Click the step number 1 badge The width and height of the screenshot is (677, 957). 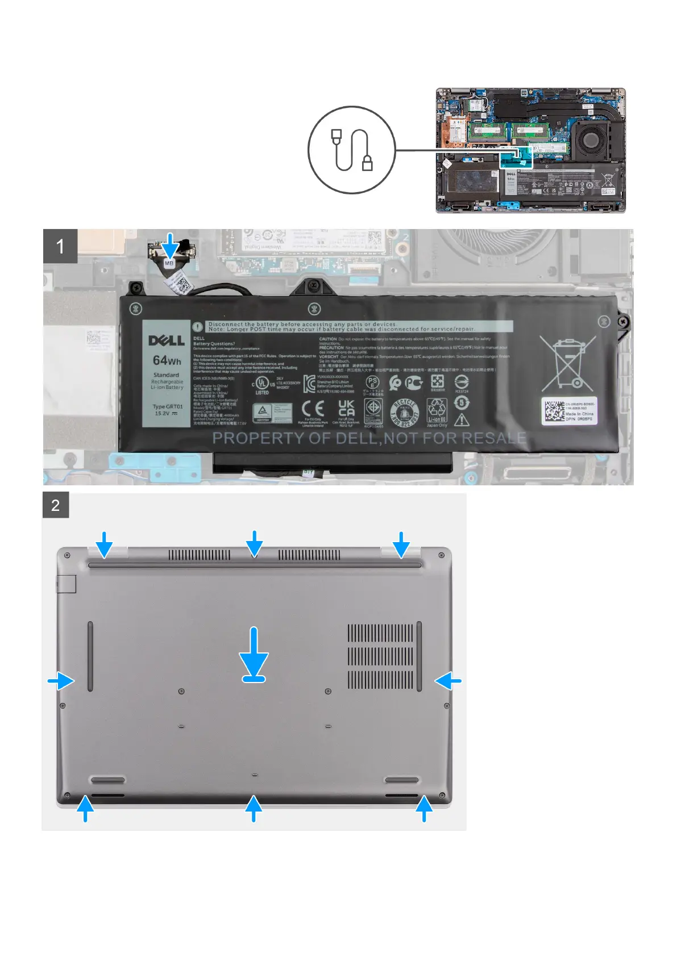[60, 246]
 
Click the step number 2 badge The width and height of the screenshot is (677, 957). [56, 505]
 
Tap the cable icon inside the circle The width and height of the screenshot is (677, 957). [352, 149]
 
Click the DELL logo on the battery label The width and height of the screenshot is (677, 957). [167, 340]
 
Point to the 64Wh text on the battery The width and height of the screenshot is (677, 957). [167, 360]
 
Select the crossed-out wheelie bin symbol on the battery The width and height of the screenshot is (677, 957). [568, 364]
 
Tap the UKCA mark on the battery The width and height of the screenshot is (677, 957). [346, 408]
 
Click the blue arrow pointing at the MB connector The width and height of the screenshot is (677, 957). [169, 245]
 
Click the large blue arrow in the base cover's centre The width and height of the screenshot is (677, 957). [254, 654]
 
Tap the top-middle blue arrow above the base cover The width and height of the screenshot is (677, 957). [255, 543]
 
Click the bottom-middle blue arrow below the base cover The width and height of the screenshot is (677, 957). [254, 808]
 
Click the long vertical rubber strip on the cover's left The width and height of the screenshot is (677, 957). [90, 656]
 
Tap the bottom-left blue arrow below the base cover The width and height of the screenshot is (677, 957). [85, 808]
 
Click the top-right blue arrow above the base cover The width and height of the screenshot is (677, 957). [401, 544]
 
